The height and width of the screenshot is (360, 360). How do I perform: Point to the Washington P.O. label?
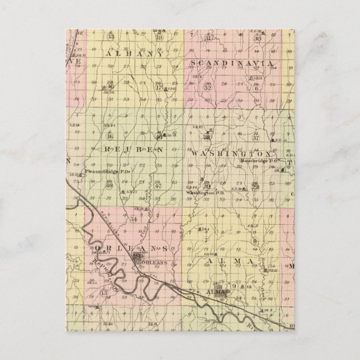coord(204,192)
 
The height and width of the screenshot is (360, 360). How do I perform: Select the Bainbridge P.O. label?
coord(260,160)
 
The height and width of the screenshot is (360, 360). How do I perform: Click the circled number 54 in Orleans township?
coord(134,219)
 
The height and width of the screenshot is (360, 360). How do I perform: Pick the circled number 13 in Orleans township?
coord(103,292)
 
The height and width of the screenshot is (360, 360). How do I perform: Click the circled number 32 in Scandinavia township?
coord(208,88)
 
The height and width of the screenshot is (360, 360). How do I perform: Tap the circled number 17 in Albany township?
coord(159,87)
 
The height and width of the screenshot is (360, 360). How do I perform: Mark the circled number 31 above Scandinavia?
coord(208,37)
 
